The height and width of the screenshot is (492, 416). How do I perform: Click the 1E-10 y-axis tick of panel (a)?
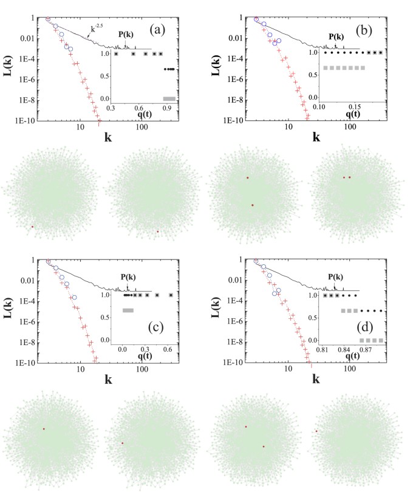click(x=27, y=121)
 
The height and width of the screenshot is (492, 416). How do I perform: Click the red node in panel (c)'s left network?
click(x=44, y=429)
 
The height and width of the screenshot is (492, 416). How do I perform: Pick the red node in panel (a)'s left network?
click(x=33, y=227)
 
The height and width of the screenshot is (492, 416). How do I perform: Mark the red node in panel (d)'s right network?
click(x=316, y=431)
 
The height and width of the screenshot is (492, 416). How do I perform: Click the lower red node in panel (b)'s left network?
click(x=252, y=205)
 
